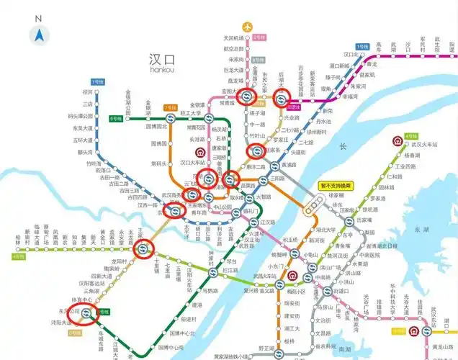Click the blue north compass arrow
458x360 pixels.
coord(37,34)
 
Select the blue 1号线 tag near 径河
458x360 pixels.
coord(96,84)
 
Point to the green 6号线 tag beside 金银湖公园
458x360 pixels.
coord(115,117)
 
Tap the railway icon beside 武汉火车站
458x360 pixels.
coord(411,138)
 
